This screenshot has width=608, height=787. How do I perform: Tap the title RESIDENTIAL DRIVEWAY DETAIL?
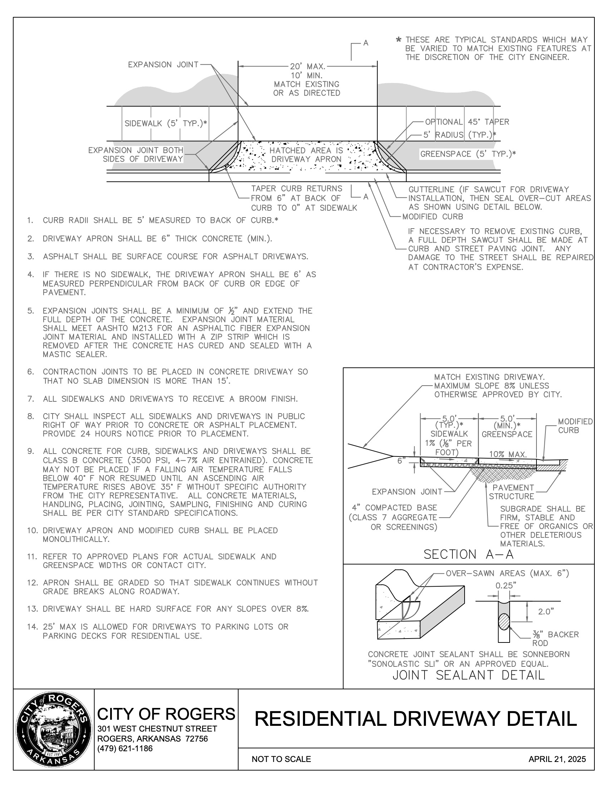(416, 719)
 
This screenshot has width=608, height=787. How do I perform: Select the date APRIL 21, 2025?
(557, 759)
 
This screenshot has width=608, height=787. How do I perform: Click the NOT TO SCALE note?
(281, 759)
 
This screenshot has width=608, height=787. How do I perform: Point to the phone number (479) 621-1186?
(125, 748)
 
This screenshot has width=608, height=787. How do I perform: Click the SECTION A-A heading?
(468, 554)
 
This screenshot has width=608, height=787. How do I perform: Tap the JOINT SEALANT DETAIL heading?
(468, 675)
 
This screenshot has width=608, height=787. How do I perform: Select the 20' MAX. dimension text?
(307, 67)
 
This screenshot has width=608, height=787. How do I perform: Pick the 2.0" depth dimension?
(546, 611)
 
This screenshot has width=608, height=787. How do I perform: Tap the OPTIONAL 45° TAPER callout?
(467, 122)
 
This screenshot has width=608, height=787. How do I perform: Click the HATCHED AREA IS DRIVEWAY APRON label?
(306, 155)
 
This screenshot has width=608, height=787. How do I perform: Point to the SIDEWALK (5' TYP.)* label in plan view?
(166, 124)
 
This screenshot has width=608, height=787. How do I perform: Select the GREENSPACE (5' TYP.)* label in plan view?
(468, 154)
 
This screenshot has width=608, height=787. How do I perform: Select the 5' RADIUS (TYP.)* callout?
(459, 135)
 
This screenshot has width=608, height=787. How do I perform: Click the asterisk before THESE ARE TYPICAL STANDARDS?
(399, 40)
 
